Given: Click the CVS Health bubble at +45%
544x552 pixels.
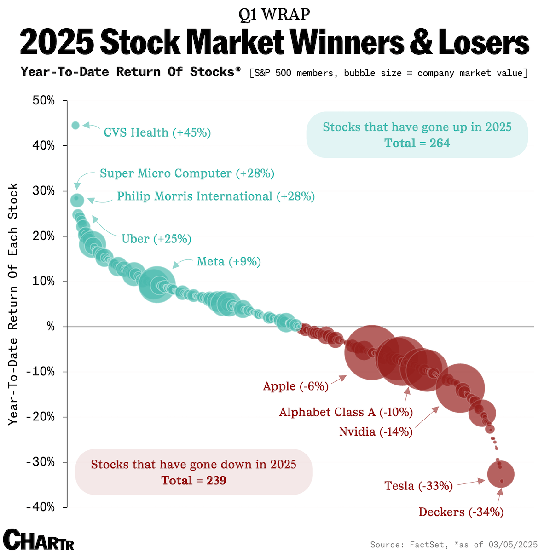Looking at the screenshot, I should pos(75,125).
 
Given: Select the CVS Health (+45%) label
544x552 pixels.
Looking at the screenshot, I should pos(157,133).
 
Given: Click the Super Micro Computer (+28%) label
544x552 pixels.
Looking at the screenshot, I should pos(187,173).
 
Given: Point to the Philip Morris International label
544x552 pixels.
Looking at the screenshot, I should pos(215,196).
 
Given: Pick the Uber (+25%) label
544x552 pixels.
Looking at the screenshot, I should pos(156,239).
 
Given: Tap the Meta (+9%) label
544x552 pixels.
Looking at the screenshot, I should pos(229,262).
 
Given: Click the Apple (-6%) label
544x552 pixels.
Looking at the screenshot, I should pos(295,386).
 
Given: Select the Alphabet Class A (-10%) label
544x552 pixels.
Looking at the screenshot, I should pos(346,412).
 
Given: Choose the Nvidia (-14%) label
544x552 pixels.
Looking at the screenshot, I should pos(376,431).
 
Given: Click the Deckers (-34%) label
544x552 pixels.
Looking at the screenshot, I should pos(461,512).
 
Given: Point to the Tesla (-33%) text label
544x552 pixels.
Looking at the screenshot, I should pos(418,486).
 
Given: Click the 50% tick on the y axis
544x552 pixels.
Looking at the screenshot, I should pos(43,100).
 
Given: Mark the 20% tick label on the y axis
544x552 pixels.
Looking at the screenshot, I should pos(43,236).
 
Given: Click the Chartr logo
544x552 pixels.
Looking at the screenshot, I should pos(38,539).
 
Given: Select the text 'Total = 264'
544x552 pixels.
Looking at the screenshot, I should pos(417,143).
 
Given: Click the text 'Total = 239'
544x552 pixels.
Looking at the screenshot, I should pos(193,481).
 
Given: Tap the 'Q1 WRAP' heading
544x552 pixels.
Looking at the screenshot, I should pos(274,15).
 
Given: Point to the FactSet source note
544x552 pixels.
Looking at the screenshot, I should pos(453,545).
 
